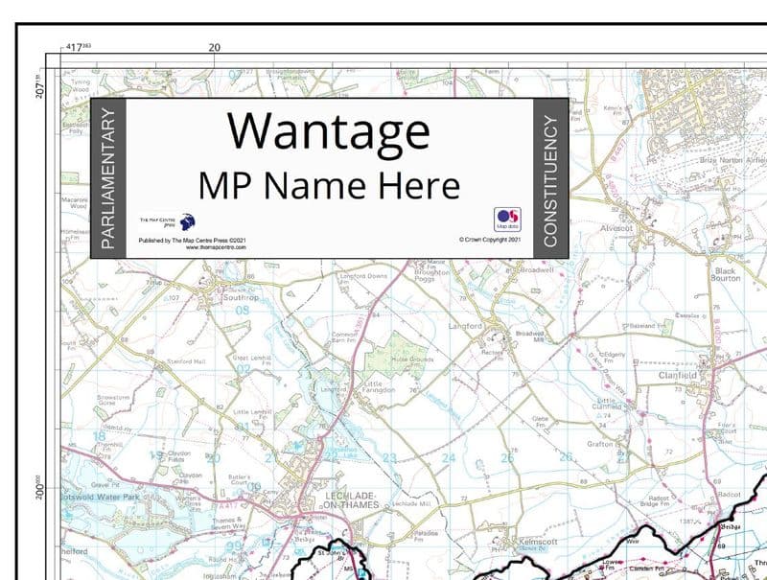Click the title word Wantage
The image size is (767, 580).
click(x=328, y=131)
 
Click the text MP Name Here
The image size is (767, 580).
click(x=328, y=184)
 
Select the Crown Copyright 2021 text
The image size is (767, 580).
click(x=489, y=240)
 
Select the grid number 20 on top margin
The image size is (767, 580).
click(x=214, y=46)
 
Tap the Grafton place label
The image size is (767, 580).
click(x=603, y=443)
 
